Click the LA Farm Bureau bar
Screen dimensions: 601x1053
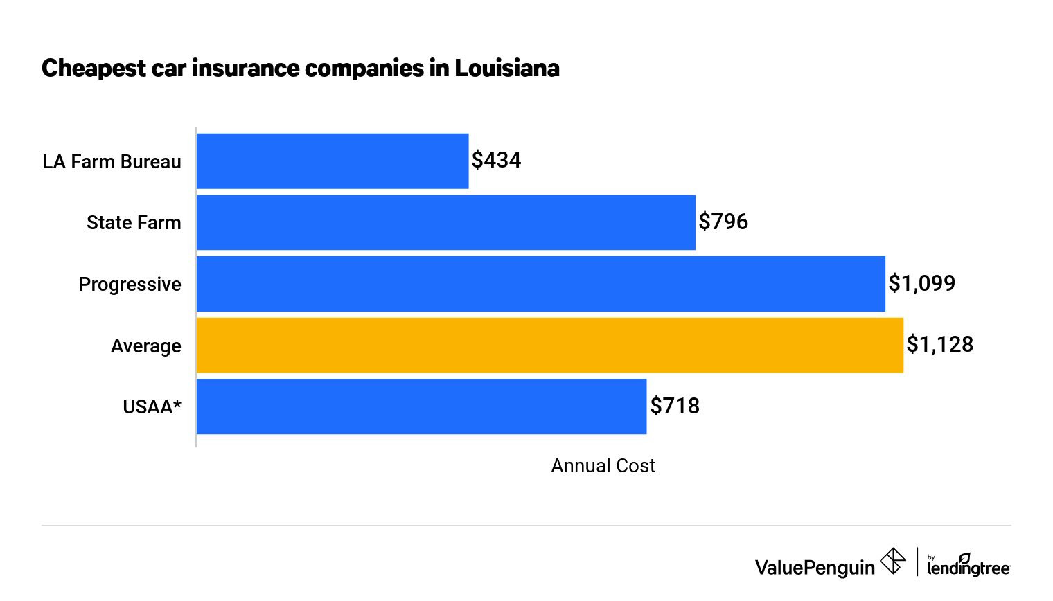(333, 161)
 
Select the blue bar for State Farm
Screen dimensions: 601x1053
(445, 222)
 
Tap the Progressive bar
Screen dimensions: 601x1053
(540, 284)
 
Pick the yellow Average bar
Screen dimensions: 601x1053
(549, 345)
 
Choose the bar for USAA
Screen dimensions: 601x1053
(421, 406)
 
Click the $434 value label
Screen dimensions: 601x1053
(496, 161)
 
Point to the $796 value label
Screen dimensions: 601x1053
(723, 222)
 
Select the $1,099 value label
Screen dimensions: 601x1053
(921, 283)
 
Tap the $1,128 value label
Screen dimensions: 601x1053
(939, 344)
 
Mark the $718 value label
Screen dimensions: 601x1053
(675, 406)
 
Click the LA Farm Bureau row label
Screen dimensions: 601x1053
(112, 162)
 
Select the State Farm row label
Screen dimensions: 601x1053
(134, 223)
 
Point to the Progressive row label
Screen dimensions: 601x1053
(130, 285)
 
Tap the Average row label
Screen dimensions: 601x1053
(145, 346)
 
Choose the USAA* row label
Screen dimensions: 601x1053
(152, 406)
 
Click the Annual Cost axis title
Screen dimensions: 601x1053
(603, 466)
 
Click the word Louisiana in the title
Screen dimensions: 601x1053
(506, 69)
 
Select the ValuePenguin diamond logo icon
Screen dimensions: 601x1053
(893, 561)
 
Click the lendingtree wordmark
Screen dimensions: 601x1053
(968, 567)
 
